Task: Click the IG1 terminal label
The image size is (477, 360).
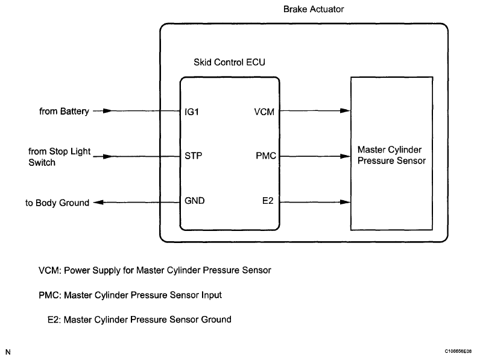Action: (x=192, y=111)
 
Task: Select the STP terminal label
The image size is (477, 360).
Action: (x=194, y=156)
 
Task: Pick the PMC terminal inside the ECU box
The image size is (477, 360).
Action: (x=266, y=156)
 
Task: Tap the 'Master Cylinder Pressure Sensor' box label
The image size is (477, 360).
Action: (x=391, y=156)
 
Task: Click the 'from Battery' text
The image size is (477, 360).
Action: (x=64, y=111)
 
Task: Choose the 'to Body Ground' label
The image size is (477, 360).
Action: (x=57, y=203)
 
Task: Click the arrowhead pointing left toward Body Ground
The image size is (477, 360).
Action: (x=98, y=203)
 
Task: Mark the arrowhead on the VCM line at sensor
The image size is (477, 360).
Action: (x=346, y=111)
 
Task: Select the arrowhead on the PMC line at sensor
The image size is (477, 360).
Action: (x=346, y=156)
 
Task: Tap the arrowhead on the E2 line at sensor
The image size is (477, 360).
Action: (x=346, y=202)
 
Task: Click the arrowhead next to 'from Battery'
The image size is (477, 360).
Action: (x=106, y=111)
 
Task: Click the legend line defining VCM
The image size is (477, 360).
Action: (x=154, y=270)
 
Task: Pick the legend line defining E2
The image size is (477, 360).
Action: (x=139, y=319)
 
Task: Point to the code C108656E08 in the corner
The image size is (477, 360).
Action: (x=459, y=350)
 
